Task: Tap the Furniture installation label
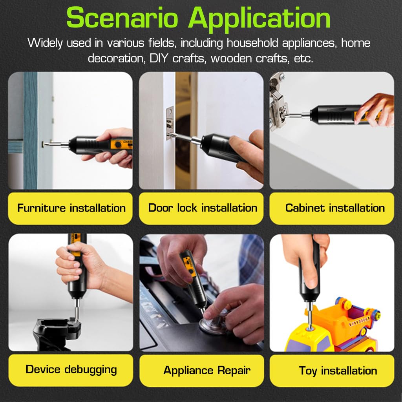click(x=71, y=208)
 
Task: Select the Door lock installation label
click(x=203, y=208)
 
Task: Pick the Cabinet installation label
click(x=335, y=208)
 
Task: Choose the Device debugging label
click(x=71, y=369)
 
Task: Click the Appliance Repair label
click(x=207, y=370)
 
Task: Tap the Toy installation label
click(x=338, y=371)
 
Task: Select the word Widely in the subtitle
click(x=46, y=42)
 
